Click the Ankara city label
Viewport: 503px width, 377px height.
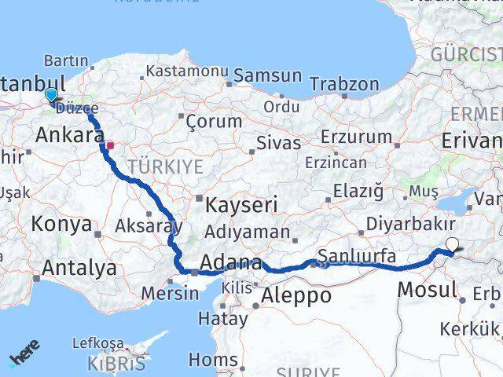point(64,135)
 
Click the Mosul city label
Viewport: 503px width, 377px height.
point(427,289)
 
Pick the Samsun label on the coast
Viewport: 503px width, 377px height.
point(268,76)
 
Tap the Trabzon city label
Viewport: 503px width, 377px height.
point(344,84)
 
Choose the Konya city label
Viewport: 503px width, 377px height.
point(61,225)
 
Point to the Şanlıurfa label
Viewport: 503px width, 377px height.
point(357,255)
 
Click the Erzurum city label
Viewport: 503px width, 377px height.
point(361,136)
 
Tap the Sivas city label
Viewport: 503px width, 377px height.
point(279,143)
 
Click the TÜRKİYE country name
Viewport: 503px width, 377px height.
point(166,167)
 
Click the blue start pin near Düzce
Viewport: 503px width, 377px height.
point(51,95)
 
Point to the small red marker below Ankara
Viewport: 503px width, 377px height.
point(112,145)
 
